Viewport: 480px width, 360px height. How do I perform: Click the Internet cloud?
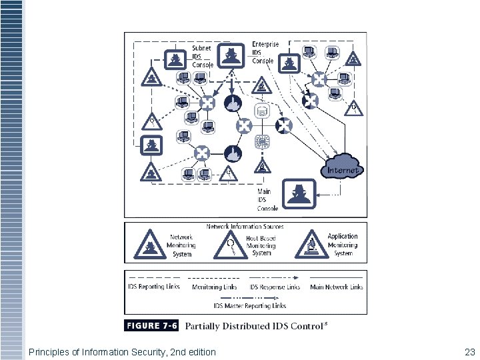point(343,166)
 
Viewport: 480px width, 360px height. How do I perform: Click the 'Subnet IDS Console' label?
point(203,57)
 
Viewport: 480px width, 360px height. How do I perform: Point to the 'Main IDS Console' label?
point(268,200)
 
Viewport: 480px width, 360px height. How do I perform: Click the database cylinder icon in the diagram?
point(262,110)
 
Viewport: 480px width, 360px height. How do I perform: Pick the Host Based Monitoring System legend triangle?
point(230,245)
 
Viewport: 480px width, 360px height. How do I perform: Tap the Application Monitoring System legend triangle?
point(310,245)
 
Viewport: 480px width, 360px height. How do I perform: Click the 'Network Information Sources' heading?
point(245,227)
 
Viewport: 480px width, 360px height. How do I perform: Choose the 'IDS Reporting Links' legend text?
point(154,287)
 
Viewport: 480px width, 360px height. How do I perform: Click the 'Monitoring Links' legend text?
point(215,287)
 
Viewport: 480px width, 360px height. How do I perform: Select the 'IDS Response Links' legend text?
point(275,287)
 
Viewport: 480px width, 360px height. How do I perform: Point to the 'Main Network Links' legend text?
point(337,287)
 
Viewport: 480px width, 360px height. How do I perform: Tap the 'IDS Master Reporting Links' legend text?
point(250,305)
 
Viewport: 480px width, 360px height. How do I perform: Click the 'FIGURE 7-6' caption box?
point(151,326)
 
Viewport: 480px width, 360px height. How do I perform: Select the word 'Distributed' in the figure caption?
point(250,326)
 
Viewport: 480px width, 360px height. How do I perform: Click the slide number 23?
point(469,351)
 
